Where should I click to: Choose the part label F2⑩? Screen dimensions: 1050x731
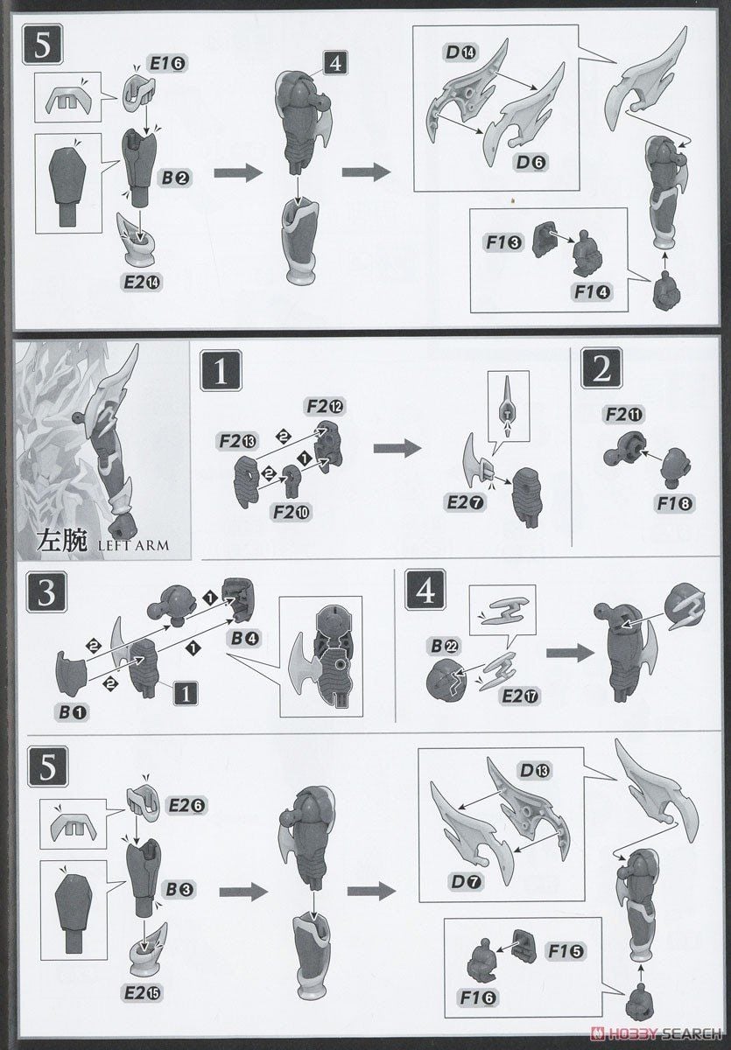coord(289,510)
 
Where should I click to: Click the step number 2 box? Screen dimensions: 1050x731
coord(601,370)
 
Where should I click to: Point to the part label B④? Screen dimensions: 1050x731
coord(244,638)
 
